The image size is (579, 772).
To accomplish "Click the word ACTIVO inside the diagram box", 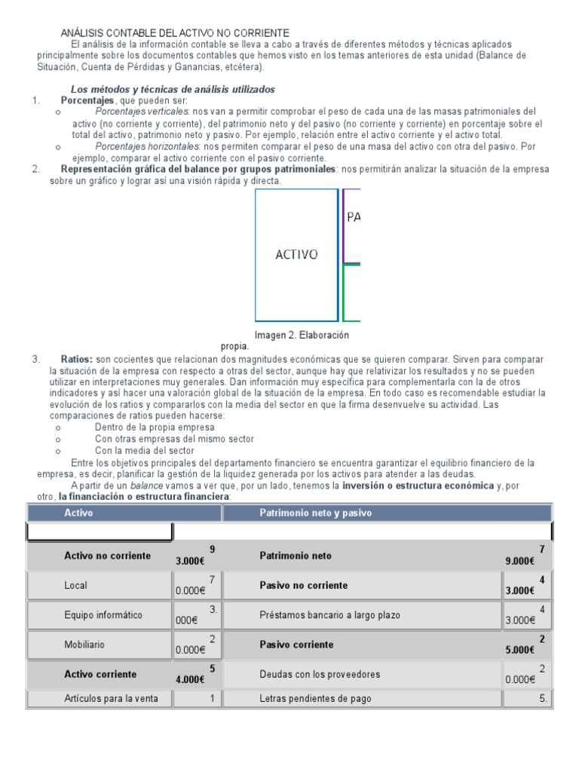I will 296,255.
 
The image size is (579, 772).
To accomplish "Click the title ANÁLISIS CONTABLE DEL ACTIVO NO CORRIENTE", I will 174,33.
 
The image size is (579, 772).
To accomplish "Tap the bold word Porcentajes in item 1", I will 87,100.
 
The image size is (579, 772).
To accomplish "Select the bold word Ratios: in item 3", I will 77,360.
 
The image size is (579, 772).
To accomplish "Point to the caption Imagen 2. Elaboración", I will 302,335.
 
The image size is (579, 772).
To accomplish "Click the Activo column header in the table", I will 78,513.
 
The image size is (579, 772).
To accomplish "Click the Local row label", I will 75,585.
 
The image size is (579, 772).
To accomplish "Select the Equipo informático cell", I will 103,615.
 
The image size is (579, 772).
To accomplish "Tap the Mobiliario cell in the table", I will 84,645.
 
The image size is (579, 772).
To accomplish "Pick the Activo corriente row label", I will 100,674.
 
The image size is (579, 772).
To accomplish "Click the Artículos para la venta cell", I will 111,699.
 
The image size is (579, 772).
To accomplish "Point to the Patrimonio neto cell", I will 295,556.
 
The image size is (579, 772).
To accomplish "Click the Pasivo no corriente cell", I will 303,585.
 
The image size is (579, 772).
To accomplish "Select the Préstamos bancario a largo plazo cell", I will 329,615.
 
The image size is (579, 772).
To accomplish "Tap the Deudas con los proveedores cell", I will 320,674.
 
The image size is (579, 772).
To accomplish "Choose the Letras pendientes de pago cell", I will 315,699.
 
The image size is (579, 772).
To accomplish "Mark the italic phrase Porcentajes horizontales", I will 147,146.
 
